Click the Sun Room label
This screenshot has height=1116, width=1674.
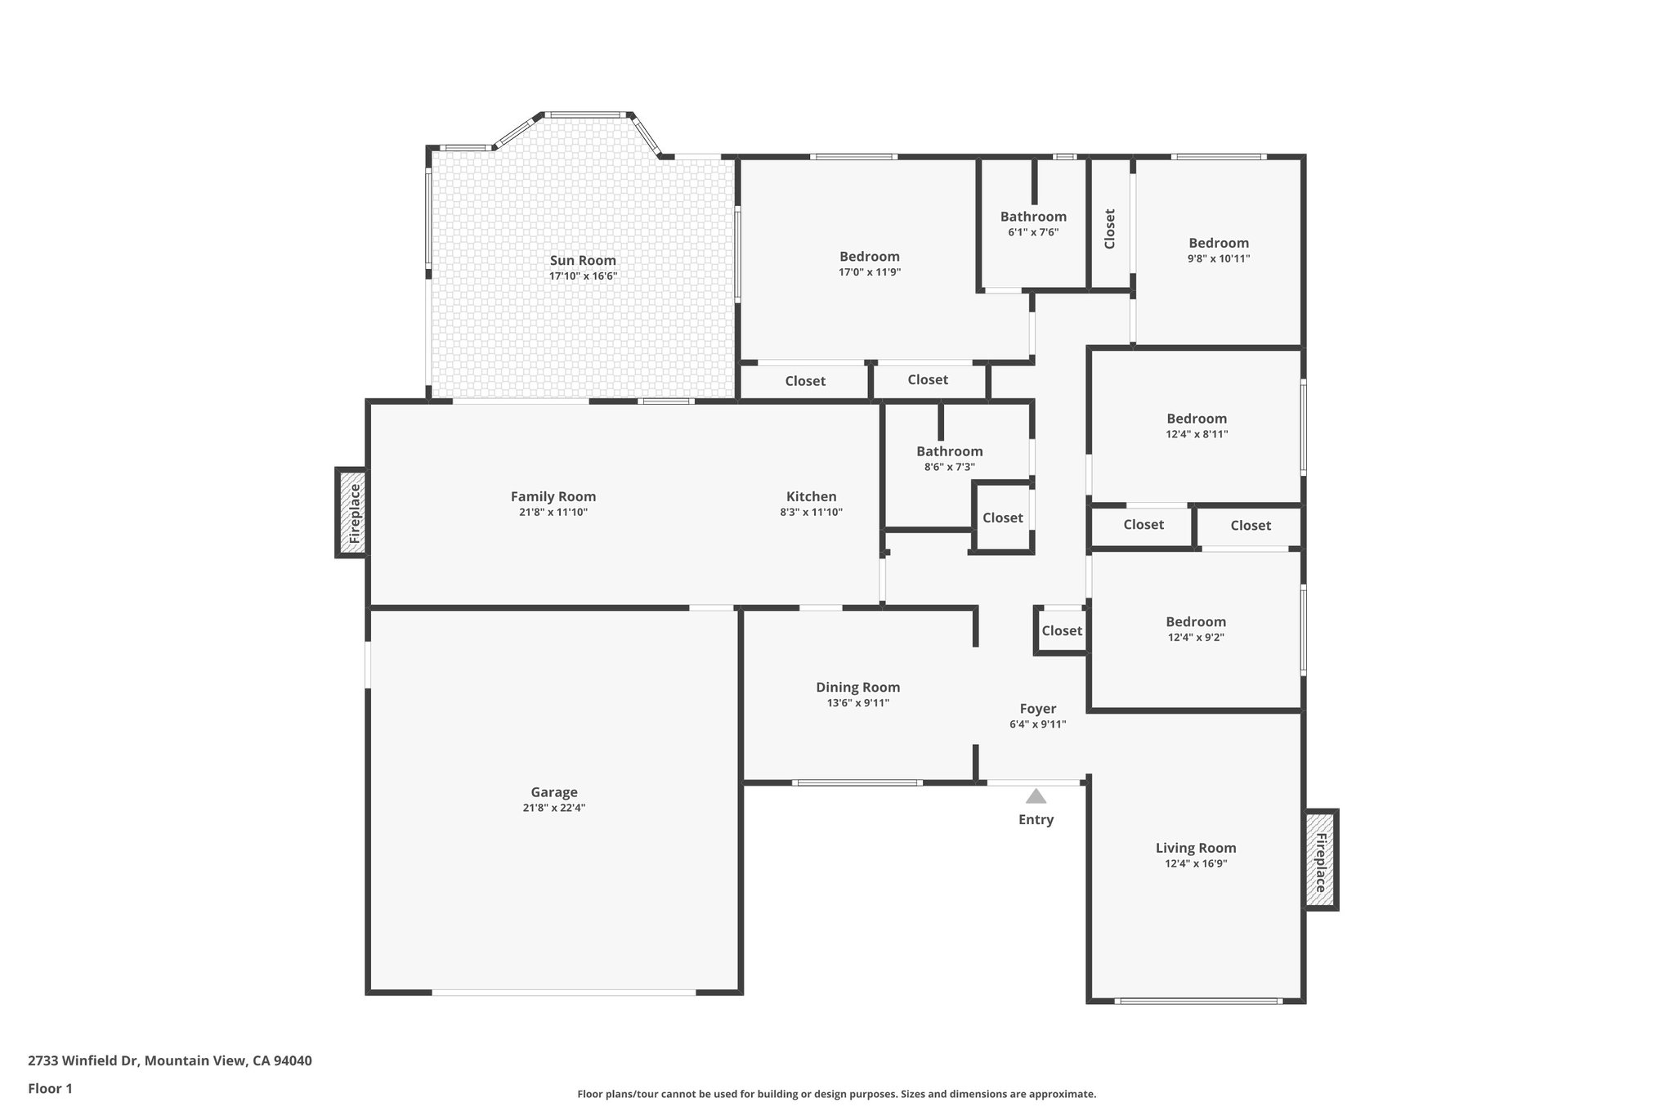point(582,261)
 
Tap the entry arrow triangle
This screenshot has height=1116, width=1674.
point(1036,796)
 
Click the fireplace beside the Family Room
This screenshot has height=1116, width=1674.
point(352,513)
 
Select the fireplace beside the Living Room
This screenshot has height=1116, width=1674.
point(1320,859)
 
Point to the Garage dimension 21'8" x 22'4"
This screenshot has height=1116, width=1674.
point(553,808)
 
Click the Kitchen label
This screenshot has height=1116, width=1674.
point(811,496)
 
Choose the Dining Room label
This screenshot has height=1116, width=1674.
point(857,688)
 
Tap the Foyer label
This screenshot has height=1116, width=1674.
point(1037,709)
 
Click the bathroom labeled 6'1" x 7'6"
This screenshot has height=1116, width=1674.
point(1033,223)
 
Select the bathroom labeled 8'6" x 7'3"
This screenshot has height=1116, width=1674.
point(949,458)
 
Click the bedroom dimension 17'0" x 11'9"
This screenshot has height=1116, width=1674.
point(869,272)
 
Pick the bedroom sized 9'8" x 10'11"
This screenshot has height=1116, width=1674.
point(1218,249)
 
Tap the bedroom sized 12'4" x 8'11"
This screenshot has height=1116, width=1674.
point(1196,425)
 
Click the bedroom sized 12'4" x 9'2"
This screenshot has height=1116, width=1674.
point(1195,629)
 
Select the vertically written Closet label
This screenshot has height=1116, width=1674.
point(1109,229)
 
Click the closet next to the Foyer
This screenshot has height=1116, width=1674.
point(1061,630)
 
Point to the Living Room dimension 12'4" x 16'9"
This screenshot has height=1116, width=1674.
point(1195,863)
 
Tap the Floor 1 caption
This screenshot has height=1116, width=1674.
point(50,1088)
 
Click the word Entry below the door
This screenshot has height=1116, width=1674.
point(1036,819)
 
